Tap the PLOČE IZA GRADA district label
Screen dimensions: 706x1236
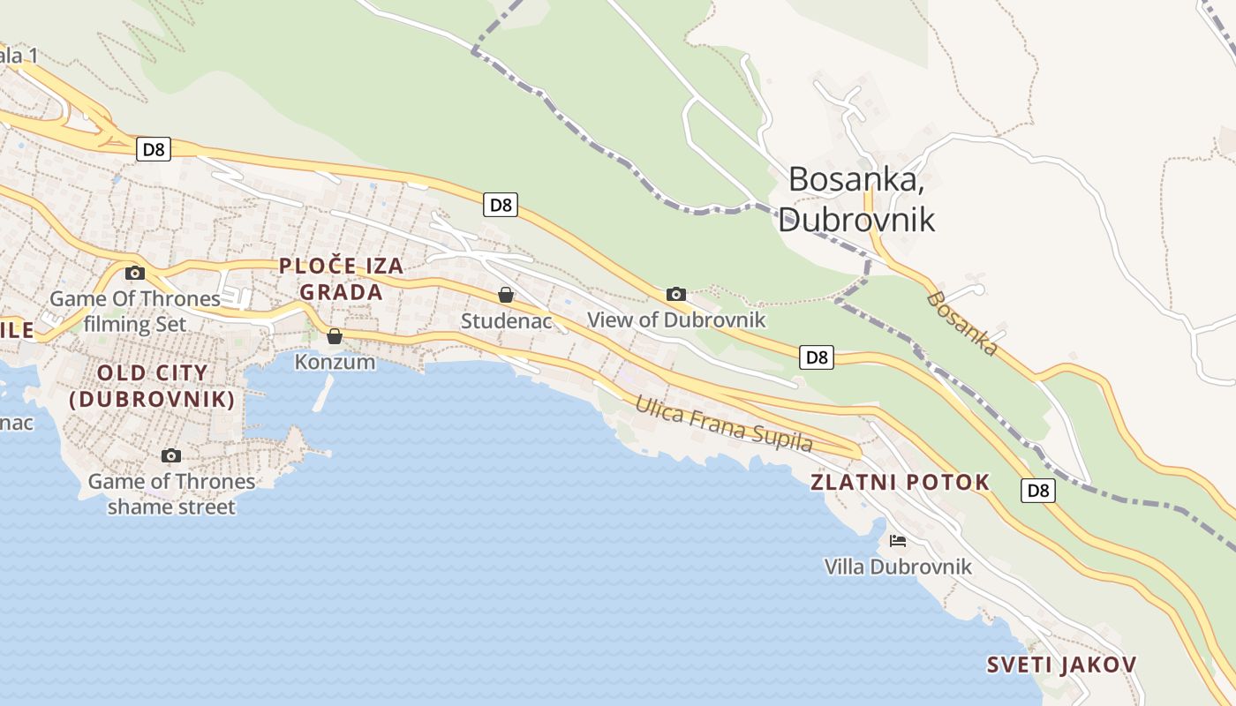click(341, 279)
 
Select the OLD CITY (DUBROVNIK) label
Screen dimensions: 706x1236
click(153, 386)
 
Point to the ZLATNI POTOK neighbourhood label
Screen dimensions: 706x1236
click(901, 483)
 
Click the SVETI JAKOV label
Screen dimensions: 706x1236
click(1061, 665)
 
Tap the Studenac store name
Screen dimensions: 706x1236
click(505, 320)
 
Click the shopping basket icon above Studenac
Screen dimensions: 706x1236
click(506, 295)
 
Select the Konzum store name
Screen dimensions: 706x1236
click(335, 362)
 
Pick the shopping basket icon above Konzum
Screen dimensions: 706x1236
click(335, 336)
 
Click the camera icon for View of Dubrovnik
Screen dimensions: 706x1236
click(676, 294)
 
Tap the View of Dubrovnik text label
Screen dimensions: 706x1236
click(676, 319)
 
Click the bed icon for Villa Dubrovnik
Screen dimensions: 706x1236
click(898, 541)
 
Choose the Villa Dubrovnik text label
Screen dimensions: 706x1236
click(898, 567)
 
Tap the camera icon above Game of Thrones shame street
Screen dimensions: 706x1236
click(171, 455)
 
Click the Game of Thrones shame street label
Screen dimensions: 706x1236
click(171, 494)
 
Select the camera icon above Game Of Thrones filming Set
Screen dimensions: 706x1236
click(135, 273)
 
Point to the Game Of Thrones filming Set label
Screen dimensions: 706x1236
click(135, 312)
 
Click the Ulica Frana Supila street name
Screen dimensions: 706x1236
click(724, 424)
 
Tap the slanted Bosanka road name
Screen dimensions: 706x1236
click(962, 324)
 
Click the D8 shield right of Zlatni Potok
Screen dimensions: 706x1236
click(1038, 491)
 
